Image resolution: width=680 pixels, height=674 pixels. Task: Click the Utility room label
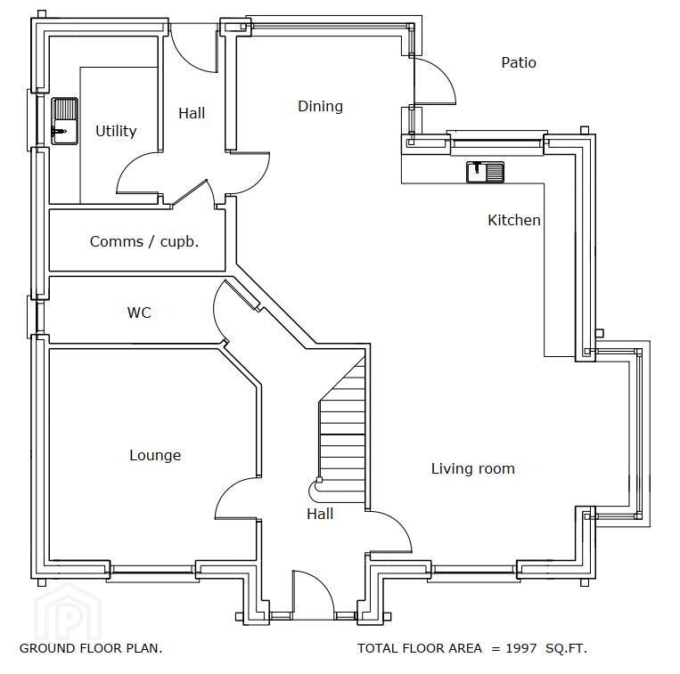click(x=116, y=131)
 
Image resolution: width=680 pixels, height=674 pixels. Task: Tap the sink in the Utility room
click(x=65, y=121)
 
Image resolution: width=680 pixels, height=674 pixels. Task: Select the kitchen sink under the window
click(x=486, y=172)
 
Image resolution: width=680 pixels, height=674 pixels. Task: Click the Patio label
click(x=519, y=62)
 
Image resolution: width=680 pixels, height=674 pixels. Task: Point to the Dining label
click(x=320, y=107)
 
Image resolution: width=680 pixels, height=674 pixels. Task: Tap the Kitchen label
click(x=514, y=220)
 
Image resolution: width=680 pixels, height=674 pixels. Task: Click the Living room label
click(x=472, y=468)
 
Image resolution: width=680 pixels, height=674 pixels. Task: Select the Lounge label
click(x=155, y=455)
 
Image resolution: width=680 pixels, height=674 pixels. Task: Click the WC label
click(x=139, y=313)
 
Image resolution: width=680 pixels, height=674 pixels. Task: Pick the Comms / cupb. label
click(x=144, y=241)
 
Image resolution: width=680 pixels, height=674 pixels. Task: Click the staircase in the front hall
click(x=341, y=429)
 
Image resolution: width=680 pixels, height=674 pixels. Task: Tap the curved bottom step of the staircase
click(x=316, y=491)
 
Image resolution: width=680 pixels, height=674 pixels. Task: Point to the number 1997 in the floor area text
click(x=520, y=648)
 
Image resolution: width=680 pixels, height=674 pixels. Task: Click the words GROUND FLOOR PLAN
click(x=91, y=648)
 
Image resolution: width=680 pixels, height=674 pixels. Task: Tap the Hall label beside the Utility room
click(x=192, y=113)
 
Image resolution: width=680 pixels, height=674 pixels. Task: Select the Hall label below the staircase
click(x=320, y=514)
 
